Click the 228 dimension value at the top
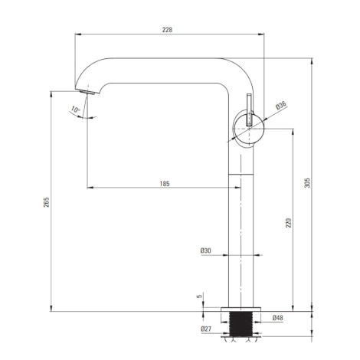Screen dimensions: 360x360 [167, 30]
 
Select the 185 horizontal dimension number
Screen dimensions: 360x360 [165, 184]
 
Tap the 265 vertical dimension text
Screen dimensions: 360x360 [47, 201]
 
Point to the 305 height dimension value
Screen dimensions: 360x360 [307, 183]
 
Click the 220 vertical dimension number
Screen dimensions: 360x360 [288, 223]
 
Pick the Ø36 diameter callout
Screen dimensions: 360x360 [280, 106]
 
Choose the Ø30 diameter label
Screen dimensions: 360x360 [206, 250]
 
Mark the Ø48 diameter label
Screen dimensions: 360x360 [278, 318]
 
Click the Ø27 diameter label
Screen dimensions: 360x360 [206, 329]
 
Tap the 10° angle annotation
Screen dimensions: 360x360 [76, 110]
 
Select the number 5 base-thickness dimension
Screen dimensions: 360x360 [199, 296]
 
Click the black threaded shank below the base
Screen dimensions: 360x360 [241, 324]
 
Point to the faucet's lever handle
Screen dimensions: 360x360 [249, 110]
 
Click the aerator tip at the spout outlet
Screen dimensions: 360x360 [87, 92]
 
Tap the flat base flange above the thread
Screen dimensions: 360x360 [241, 309]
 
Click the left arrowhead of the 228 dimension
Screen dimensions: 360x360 [78, 34]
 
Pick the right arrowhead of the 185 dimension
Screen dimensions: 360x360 [237, 188]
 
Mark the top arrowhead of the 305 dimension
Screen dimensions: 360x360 [312, 61]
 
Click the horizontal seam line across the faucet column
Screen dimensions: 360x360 [241, 175]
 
